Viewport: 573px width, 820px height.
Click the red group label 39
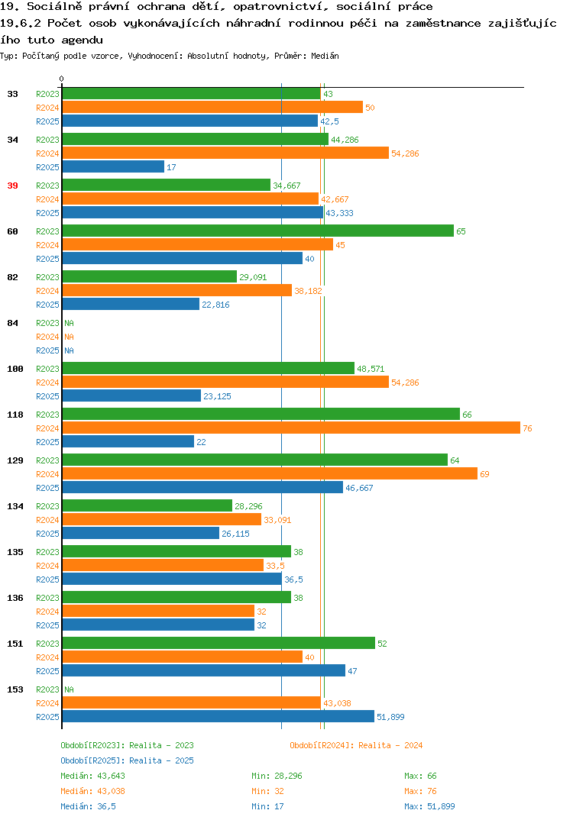[12, 186]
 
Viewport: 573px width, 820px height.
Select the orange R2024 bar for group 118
[292, 428]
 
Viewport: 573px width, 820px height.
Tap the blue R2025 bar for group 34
[114, 166]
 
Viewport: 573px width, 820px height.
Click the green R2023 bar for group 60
[258, 231]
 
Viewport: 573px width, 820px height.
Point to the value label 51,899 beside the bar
[390, 717]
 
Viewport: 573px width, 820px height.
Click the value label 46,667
[359, 488]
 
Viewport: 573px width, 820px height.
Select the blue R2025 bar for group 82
[131, 304]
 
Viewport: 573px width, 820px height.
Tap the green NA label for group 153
[69, 689]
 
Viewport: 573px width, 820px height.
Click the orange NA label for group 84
[69, 337]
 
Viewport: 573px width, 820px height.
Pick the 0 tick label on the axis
[61, 79]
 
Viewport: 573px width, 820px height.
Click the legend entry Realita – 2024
[356, 745]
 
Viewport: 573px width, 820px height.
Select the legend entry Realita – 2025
[127, 760]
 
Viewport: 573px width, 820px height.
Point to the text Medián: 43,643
[92, 776]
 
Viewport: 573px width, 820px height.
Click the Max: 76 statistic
[420, 791]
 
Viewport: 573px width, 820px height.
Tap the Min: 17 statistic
[267, 806]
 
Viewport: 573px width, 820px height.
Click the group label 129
[15, 460]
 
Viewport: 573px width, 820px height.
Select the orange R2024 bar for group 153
[192, 703]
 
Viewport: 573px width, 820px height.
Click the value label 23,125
[217, 396]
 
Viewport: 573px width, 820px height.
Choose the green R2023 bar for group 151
[219, 643]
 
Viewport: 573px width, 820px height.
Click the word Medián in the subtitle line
[325, 56]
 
